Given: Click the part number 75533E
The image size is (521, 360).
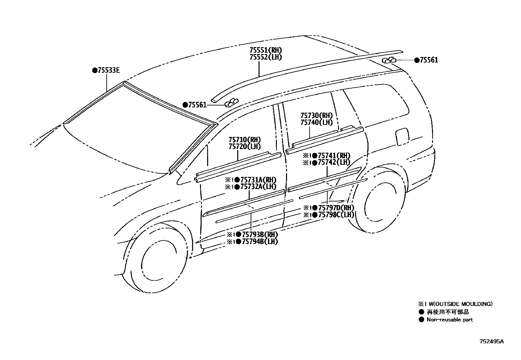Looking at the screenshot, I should pyautogui.click(x=108, y=70).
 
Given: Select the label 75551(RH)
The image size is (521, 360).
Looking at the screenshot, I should pyautogui.click(x=265, y=50).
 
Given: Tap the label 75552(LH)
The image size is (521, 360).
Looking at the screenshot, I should pyautogui.click(x=265, y=57).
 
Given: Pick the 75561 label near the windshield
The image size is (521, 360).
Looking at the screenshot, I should pyautogui.click(x=197, y=105).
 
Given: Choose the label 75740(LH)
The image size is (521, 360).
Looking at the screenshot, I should pyautogui.click(x=316, y=123).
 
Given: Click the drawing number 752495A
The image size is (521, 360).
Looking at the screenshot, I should pyautogui.click(x=492, y=341).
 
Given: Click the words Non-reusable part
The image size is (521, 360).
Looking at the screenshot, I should pyautogui.click(x=450, y=320).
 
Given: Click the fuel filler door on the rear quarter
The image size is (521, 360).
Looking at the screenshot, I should pyautogui.click(x=402, y=136).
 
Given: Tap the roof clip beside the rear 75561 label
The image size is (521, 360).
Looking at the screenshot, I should pyautogui.click(x=389, y=60).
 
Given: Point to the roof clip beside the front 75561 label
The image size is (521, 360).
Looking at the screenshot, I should pyautogui.click(x=231, y=103).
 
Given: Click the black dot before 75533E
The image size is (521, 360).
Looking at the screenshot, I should pyautogui.click(x=95, y=70).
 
